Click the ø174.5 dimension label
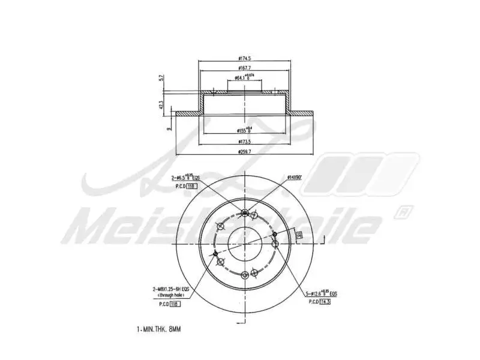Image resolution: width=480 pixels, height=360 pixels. click(x=244, y=58)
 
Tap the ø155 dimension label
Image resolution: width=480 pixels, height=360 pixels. click(x=244, y=130)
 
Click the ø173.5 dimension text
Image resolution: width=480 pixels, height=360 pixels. click(x=244, y=142)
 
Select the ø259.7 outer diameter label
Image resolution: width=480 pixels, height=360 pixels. click(x=244, y=152)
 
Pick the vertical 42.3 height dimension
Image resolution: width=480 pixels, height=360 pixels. click(x=161, y=104)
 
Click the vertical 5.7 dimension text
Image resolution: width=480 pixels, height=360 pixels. click(x=161, y=78)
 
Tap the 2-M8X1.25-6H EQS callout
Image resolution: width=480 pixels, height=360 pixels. click(x=170, y=289)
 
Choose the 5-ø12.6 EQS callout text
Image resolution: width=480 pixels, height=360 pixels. click(x=321, y=294)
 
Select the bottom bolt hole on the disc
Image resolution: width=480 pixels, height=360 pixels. click(x=244, y=275)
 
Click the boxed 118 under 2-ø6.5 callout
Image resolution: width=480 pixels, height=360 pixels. click(x=191, y=187)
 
